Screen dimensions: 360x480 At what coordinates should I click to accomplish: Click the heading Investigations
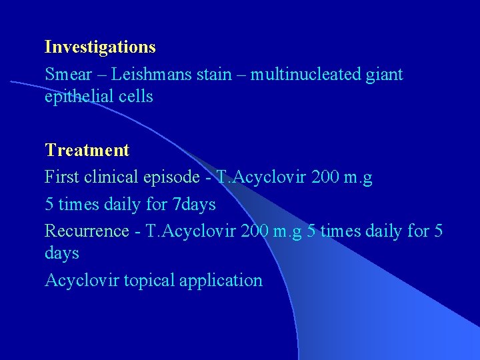pos(100,47)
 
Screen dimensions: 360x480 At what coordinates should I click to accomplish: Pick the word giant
pos(385,75)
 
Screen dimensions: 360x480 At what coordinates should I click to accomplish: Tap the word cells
pos(137,97)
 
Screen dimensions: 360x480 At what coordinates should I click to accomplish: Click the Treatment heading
pos(87,150)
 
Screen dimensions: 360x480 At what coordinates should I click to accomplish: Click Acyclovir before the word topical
pos(77,281)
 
